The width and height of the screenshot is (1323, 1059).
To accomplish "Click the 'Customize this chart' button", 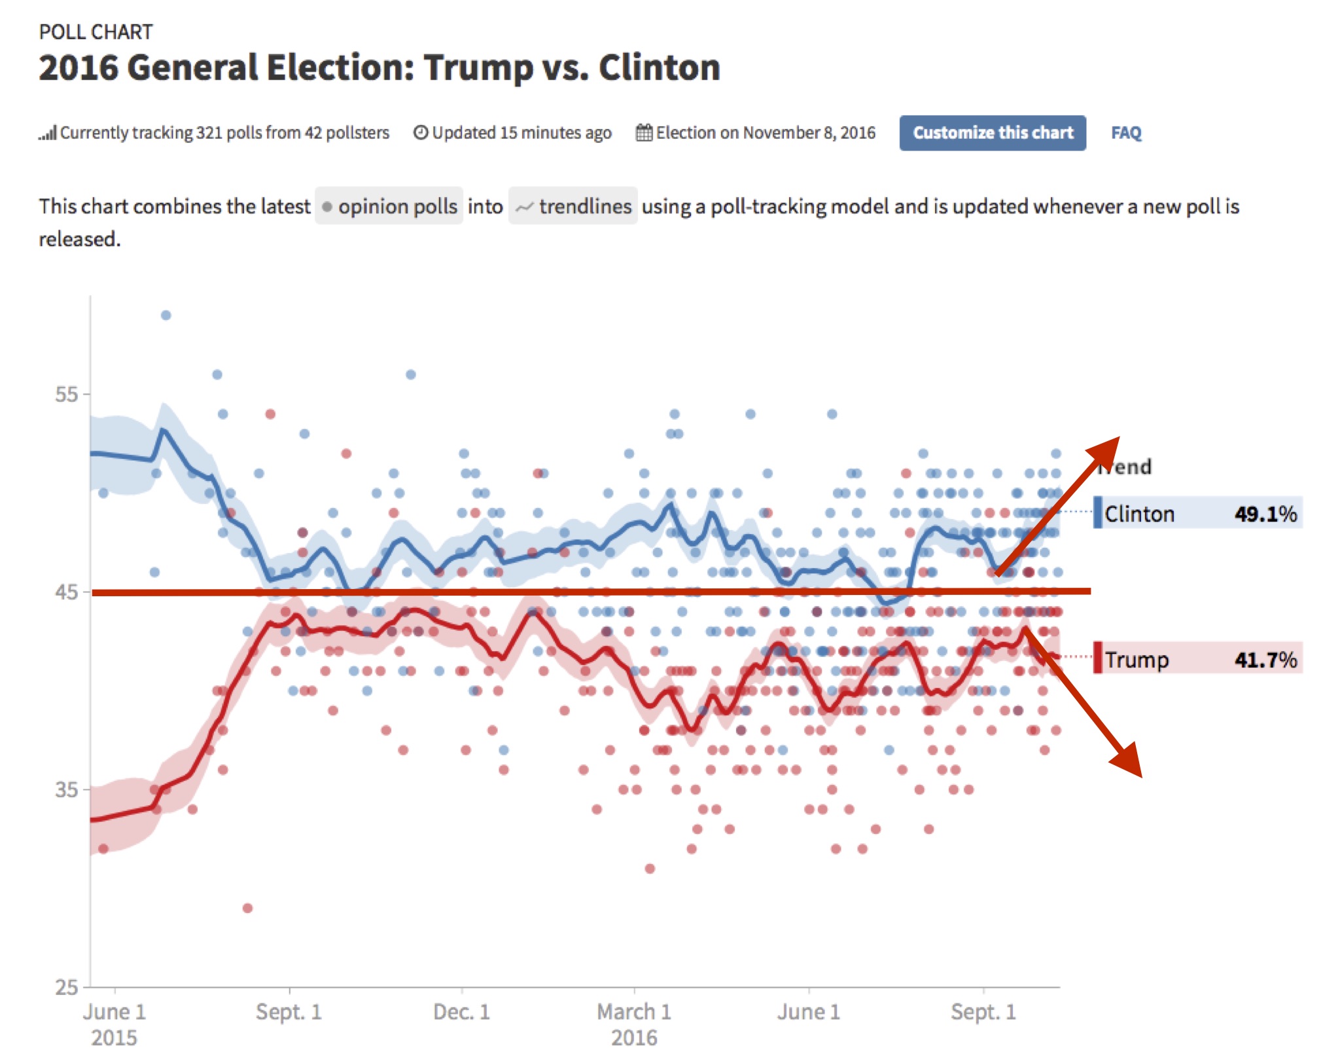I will point(992,133).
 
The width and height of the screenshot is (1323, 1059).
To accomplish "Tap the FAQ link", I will point(1125,133).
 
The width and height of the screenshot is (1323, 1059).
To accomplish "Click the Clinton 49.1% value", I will point(1265,514).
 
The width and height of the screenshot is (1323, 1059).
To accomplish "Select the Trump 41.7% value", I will point(1265,659).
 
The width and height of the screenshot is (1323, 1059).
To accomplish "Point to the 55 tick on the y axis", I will point(66,394).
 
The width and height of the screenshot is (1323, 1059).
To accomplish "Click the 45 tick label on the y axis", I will point(66,592).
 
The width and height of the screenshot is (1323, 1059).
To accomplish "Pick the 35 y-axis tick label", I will point(66,789).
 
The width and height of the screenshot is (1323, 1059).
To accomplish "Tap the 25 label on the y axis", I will point(66,987).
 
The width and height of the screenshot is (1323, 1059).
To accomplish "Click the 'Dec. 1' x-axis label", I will point(461,1012).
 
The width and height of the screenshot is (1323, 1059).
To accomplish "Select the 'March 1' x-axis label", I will point(633,1012).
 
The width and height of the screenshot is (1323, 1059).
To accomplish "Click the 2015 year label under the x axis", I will point(114,1038).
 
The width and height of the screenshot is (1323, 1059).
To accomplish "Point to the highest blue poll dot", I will point(166,315).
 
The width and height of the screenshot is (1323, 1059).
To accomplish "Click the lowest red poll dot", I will point(247,908).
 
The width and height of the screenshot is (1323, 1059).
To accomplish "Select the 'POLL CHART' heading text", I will point(96,32).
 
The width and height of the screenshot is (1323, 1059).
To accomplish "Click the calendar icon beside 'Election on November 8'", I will point(644,133).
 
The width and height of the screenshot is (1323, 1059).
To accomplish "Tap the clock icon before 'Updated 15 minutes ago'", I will point(421,133).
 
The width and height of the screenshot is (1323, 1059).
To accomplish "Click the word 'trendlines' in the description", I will point(585,206).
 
